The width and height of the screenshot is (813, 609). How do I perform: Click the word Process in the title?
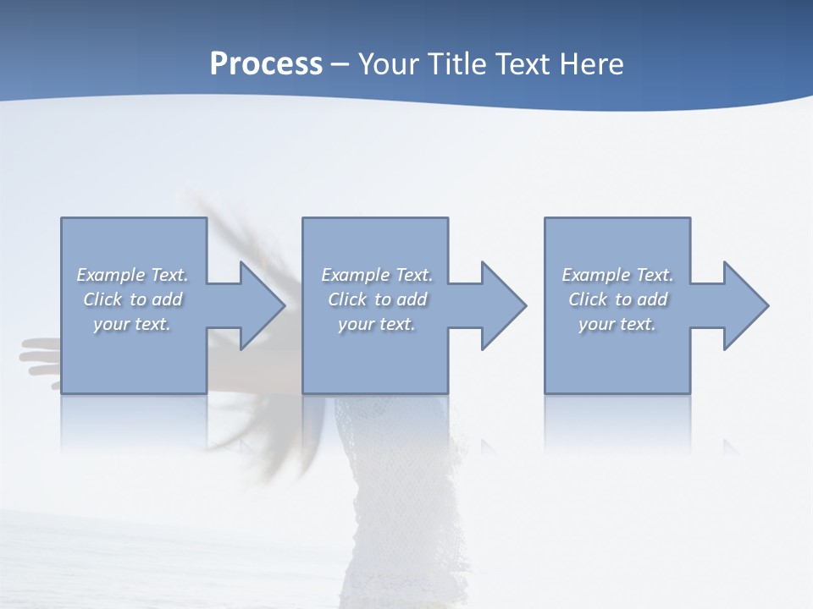tap(266, 64)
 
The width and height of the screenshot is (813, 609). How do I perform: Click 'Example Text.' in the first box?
tap(132, 275)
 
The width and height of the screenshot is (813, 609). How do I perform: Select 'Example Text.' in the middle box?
tap(377, 275)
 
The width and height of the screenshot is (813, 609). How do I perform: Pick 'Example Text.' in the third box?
tap(617, 275)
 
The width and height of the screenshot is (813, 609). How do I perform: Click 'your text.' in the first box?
tap(132, 324)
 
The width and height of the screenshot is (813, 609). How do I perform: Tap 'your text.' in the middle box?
tap(377, 324)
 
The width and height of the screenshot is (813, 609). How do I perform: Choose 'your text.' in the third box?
tap(617, 324)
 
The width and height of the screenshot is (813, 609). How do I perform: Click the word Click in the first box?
tap(103, 299)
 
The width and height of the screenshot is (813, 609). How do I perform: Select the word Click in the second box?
tap(348, 299)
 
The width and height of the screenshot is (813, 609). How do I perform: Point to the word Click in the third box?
tap(589, 299)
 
